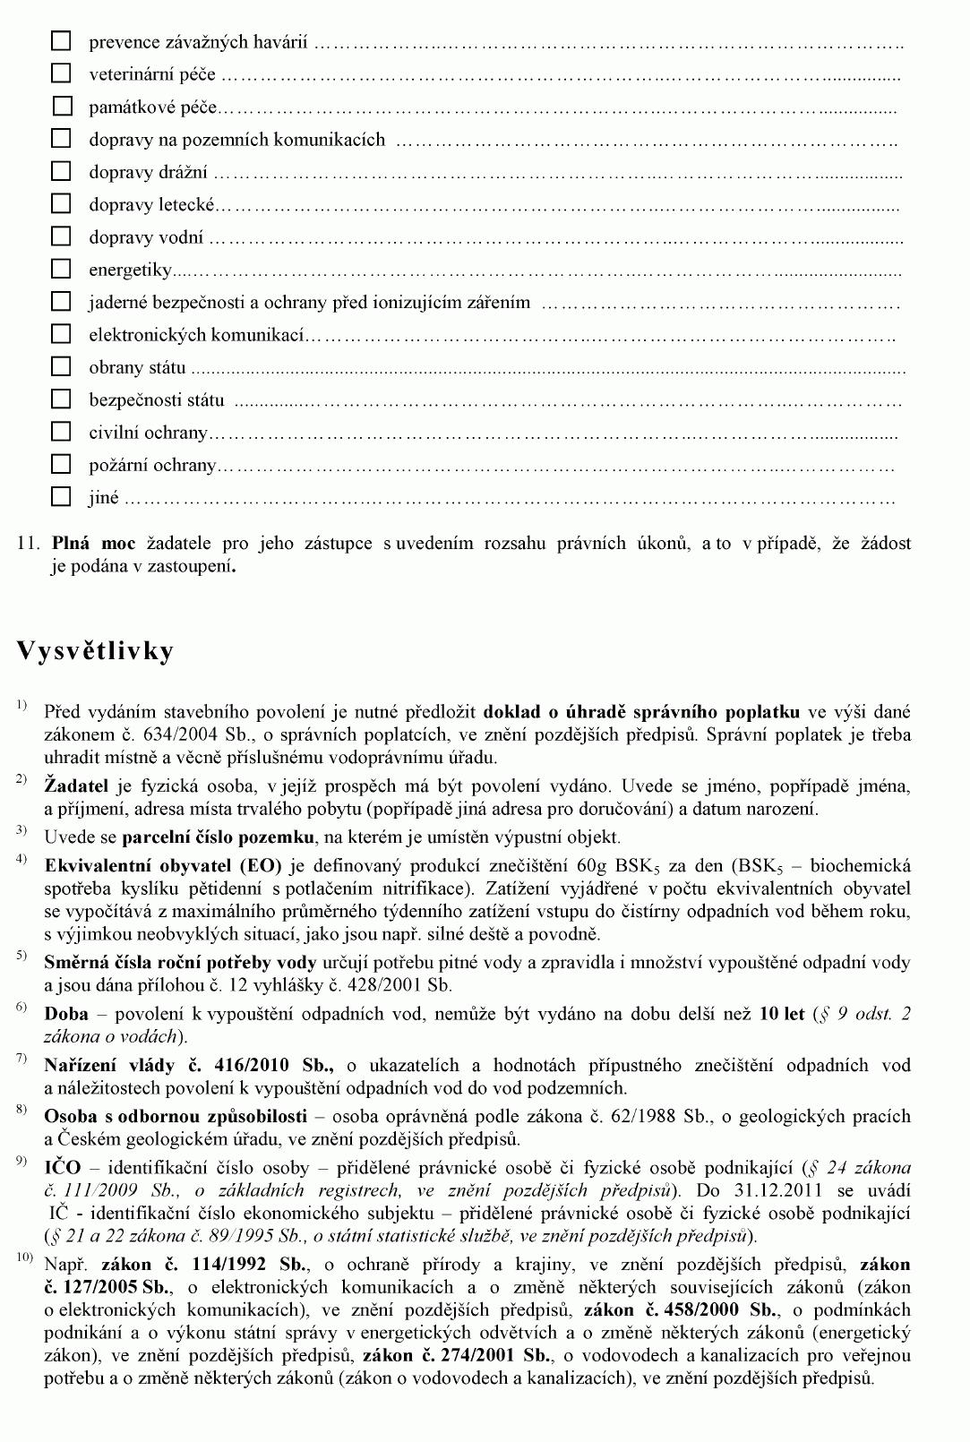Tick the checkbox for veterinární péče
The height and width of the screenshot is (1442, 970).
click(60, 73)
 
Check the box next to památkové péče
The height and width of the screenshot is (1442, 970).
click(61, 107)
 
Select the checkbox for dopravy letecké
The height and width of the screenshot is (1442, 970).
click(60, 203)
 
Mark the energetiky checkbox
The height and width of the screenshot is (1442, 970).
click(60, 269)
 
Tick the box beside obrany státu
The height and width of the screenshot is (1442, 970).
click(60, 366)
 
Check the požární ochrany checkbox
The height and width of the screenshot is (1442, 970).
click(60, 464)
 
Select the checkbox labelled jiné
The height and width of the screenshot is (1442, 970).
click(60, 496)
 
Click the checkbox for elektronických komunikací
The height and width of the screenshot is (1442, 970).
click(60, 334)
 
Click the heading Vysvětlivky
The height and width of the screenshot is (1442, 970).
click(95, 651)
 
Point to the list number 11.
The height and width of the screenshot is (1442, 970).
click(29, 544)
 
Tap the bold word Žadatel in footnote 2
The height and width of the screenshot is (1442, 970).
click(76, 786)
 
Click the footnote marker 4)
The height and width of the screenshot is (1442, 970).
click(21, 860)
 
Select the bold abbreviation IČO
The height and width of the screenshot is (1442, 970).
click(62, 1168)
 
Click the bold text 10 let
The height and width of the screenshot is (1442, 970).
click(781, 1015)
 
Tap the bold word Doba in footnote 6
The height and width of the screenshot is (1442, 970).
click(65, 1015)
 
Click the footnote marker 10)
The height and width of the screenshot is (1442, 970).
click(24, 1258)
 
